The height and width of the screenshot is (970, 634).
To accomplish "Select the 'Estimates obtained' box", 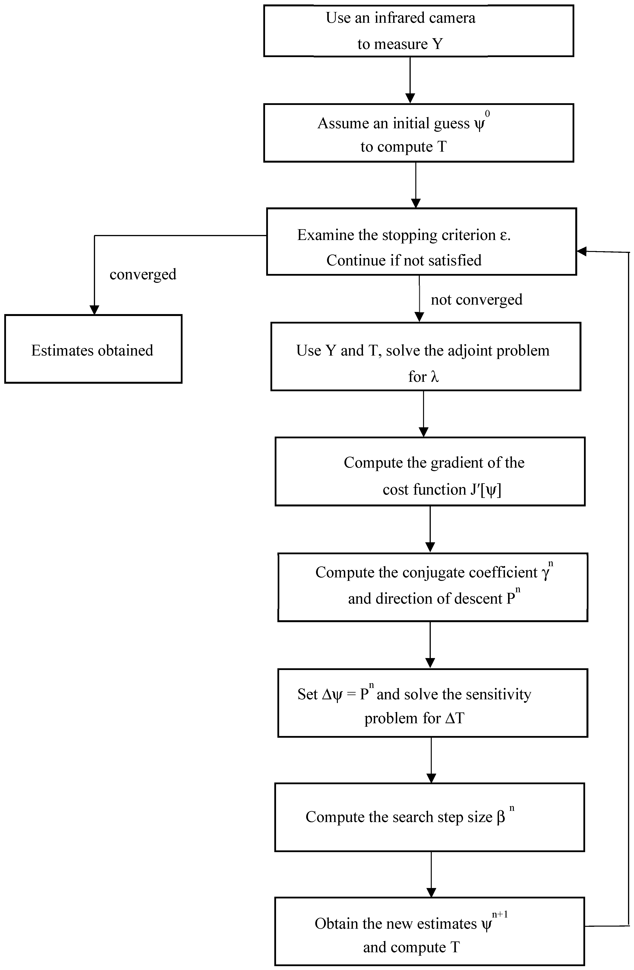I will [x=93, y=349].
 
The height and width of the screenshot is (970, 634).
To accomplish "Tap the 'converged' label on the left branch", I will [x=143, y=274].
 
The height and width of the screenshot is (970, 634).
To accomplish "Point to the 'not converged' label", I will [x=476, y=300].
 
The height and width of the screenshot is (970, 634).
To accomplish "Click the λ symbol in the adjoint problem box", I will [x=434, y=377].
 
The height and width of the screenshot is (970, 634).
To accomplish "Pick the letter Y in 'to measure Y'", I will [x=437, y=44].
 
